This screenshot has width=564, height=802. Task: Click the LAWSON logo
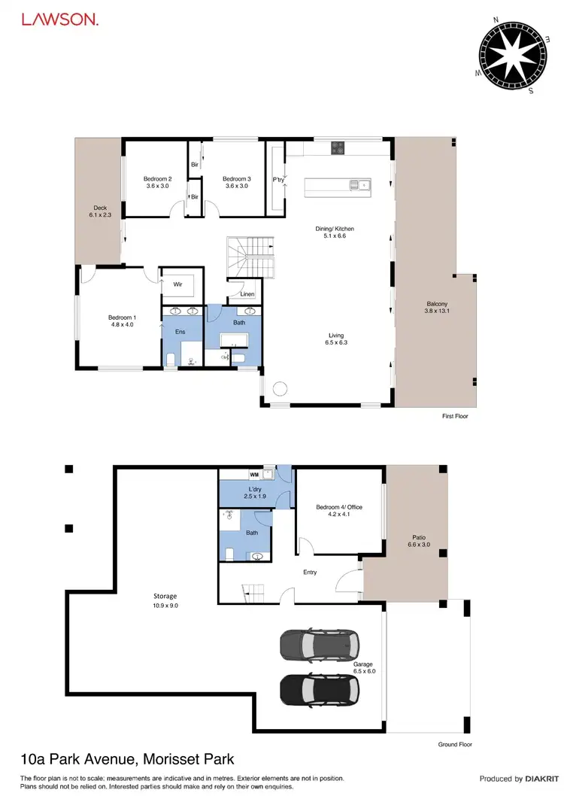point(59,20)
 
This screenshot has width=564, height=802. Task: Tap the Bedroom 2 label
point(159,182)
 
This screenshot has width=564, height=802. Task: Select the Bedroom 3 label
point(235,182)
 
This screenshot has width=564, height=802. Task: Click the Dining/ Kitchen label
point(335,232)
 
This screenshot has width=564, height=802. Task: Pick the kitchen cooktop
point(338,148)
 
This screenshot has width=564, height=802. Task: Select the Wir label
point(178,284)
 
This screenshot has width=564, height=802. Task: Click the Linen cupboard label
point(247,293)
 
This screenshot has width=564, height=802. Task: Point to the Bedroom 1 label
point(122,321)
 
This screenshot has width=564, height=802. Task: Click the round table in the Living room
point(280,390)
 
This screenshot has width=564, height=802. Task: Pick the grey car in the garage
point(319,644)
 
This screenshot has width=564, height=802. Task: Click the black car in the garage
point(319,688)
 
